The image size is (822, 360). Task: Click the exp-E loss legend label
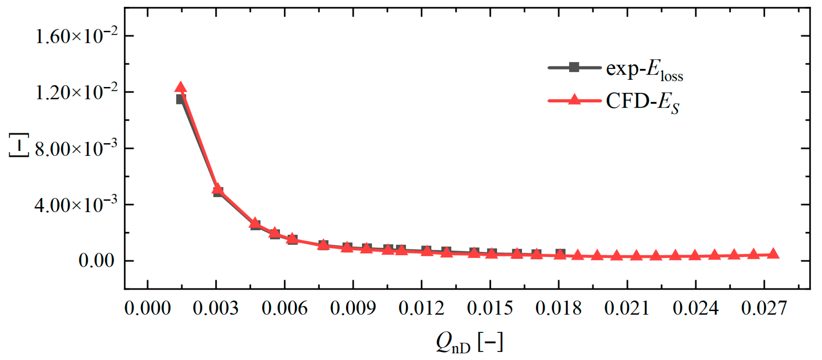tap(644, 70)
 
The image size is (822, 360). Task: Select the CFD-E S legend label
tap(642, 102)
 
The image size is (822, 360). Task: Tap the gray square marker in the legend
tap(574, 67)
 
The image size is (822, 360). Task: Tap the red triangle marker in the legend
tap(574, 99)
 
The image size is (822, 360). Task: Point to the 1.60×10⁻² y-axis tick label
tap(76, 36)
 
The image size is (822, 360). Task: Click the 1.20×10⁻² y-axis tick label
tap(76, 92)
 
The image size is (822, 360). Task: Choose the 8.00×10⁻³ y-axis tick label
tap(76, 149)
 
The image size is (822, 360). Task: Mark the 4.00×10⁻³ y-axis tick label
tap(76, 205)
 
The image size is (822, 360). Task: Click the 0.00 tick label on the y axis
tap(96, 261)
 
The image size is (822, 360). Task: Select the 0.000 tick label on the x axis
tap(147, 309)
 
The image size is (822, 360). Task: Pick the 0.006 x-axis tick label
tap(284, 309)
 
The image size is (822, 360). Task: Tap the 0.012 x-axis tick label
tap(421, 309)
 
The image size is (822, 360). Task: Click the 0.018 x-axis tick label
tap(558, 309)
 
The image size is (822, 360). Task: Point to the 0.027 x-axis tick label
tap(764, 309)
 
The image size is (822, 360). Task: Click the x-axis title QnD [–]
tap(469, 342)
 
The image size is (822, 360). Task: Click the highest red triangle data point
tap(180, 87)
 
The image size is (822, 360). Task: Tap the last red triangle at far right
tap(773, 253)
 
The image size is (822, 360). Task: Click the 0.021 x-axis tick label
tap(626, 309)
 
